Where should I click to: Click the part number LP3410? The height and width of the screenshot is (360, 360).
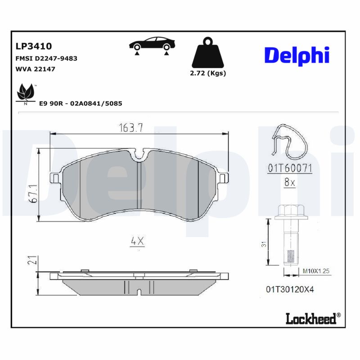[x=34, y=46]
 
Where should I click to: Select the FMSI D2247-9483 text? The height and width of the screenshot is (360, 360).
[x=46, y=58]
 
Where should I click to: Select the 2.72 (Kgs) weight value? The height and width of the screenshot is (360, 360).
[x=208, y=73]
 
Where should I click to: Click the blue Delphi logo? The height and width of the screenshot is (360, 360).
[x=297, y=55]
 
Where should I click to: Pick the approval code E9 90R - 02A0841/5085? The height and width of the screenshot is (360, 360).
[x=81, y=103]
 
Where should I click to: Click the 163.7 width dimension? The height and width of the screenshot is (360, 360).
[x=130, y=128]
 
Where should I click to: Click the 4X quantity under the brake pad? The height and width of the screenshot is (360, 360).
[x=137, y=241]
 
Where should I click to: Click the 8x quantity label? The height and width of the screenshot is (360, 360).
[x=289, y=183]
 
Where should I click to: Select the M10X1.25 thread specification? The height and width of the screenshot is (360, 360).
[x=316, y=271]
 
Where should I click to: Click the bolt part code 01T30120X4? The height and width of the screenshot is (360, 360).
[x=290, y=289]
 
